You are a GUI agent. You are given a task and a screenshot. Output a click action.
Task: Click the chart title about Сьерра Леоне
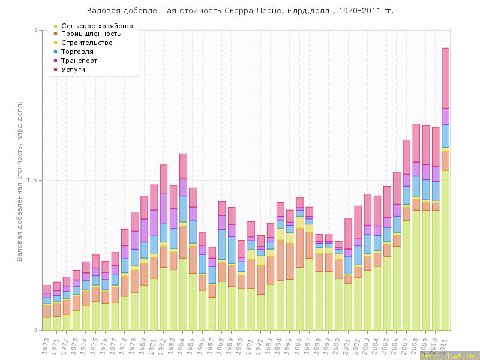240,11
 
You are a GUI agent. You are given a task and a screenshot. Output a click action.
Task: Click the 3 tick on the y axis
34,30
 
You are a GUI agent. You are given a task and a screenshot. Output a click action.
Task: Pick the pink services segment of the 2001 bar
349,233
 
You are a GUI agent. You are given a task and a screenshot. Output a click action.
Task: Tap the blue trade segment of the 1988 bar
221,244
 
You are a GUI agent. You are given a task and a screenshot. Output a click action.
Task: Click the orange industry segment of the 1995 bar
290,261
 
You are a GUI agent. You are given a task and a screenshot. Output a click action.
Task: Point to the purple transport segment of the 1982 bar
163,208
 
